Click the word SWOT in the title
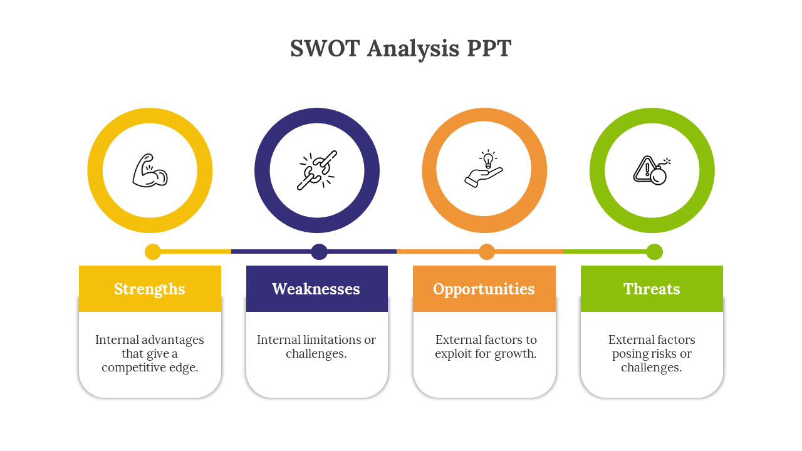325,48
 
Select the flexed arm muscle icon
150,171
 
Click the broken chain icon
317,170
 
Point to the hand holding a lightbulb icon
484,168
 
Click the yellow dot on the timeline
153,252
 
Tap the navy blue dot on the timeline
320,252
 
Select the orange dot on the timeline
487,252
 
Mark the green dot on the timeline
655,252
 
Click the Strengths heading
150,289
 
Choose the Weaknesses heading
316,289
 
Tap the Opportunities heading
484,289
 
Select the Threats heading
652,289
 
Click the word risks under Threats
664,354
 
